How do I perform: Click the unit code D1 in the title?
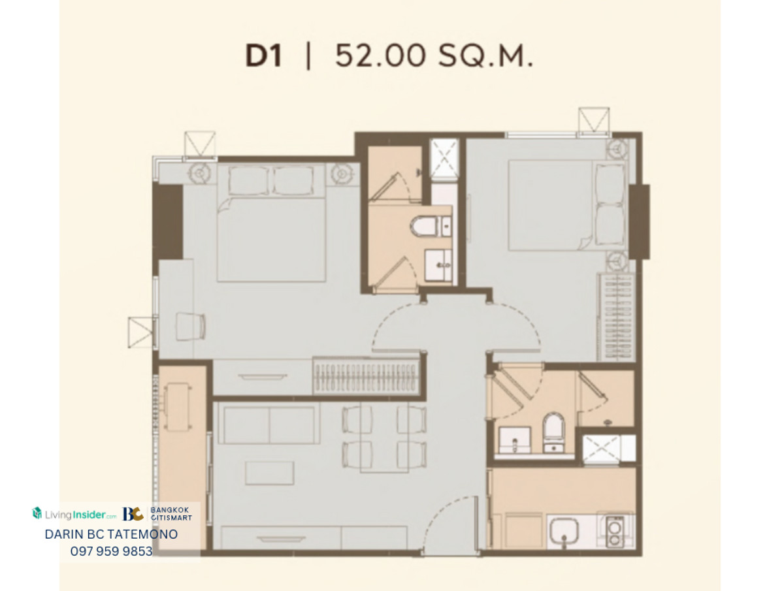[264, 56]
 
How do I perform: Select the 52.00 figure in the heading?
[381, 56]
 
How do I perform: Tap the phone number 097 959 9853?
[112, 551]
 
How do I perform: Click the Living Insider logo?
[74, 514]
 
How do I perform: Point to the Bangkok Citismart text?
[171, 514]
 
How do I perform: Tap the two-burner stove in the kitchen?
[615, 532]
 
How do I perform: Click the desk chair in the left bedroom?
[191, 327]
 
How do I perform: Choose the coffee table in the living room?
[270, 473]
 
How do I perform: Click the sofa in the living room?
[269, 424]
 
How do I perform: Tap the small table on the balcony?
[178, 407]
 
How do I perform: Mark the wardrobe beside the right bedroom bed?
[616, 317]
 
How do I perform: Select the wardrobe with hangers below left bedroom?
[366, 377]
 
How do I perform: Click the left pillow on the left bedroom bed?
[249, 181]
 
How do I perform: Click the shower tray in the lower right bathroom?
[601, 449]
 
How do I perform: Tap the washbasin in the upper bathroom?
[438, 265]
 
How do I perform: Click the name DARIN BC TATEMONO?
[112, 534]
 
